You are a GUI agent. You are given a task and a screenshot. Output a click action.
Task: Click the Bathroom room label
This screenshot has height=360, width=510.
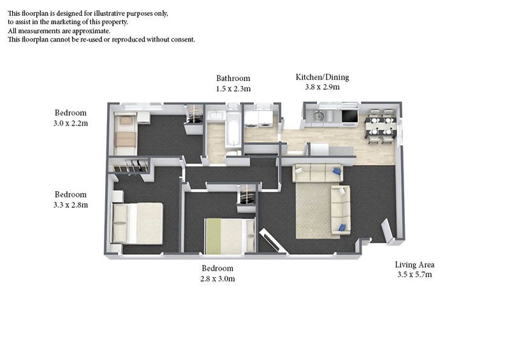pos(233,78)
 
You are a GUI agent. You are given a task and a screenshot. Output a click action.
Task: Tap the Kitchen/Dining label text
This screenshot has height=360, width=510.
pos(322,77)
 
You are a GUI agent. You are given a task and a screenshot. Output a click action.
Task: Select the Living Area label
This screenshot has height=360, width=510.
pos(414,264)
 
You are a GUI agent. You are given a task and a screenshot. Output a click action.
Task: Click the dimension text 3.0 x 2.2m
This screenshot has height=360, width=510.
pos(71,123)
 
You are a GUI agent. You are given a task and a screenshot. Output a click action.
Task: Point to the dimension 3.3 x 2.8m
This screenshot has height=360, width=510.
pos(71,205)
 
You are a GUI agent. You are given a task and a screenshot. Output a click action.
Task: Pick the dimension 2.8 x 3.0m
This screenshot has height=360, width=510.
pos(217,278)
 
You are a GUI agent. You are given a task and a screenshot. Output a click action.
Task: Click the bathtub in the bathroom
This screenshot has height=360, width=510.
pos(233,129)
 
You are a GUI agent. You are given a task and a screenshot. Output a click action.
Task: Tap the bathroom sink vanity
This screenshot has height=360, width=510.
pos(215,116)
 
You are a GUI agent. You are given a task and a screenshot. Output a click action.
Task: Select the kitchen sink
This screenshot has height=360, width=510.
pos(318,115)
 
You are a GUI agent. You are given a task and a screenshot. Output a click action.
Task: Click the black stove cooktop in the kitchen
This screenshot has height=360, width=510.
pos(349,116)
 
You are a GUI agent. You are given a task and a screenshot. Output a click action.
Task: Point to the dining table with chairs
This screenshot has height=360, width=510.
pos(381,126)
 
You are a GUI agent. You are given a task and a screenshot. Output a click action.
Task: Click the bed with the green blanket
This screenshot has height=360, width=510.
pos(229,236)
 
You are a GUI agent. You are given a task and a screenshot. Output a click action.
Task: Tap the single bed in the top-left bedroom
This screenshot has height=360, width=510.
pos(126,134)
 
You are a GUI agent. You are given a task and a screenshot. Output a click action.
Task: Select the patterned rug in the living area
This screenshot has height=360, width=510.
pos(317,211)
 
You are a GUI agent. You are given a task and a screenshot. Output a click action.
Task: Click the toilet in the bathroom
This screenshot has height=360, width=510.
pos(233,153)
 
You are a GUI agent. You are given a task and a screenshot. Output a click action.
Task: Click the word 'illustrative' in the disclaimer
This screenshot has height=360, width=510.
pos(108,13)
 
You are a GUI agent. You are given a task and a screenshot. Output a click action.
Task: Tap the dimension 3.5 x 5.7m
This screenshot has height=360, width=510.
pos(415,275)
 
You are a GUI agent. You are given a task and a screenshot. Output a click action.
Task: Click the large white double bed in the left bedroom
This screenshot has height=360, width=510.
pos(137,224)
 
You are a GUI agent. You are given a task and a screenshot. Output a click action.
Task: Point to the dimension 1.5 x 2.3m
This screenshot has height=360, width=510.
pos(233,89)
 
